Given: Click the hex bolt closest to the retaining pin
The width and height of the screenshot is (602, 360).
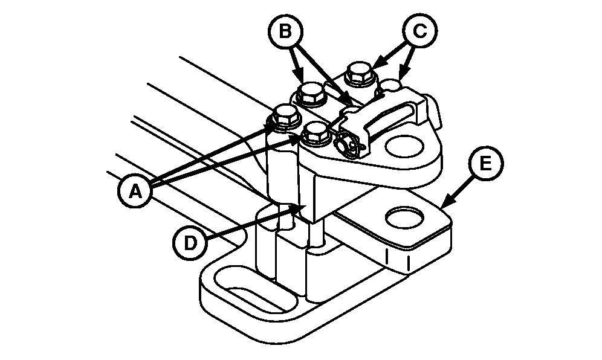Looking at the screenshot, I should coord(316,132).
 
